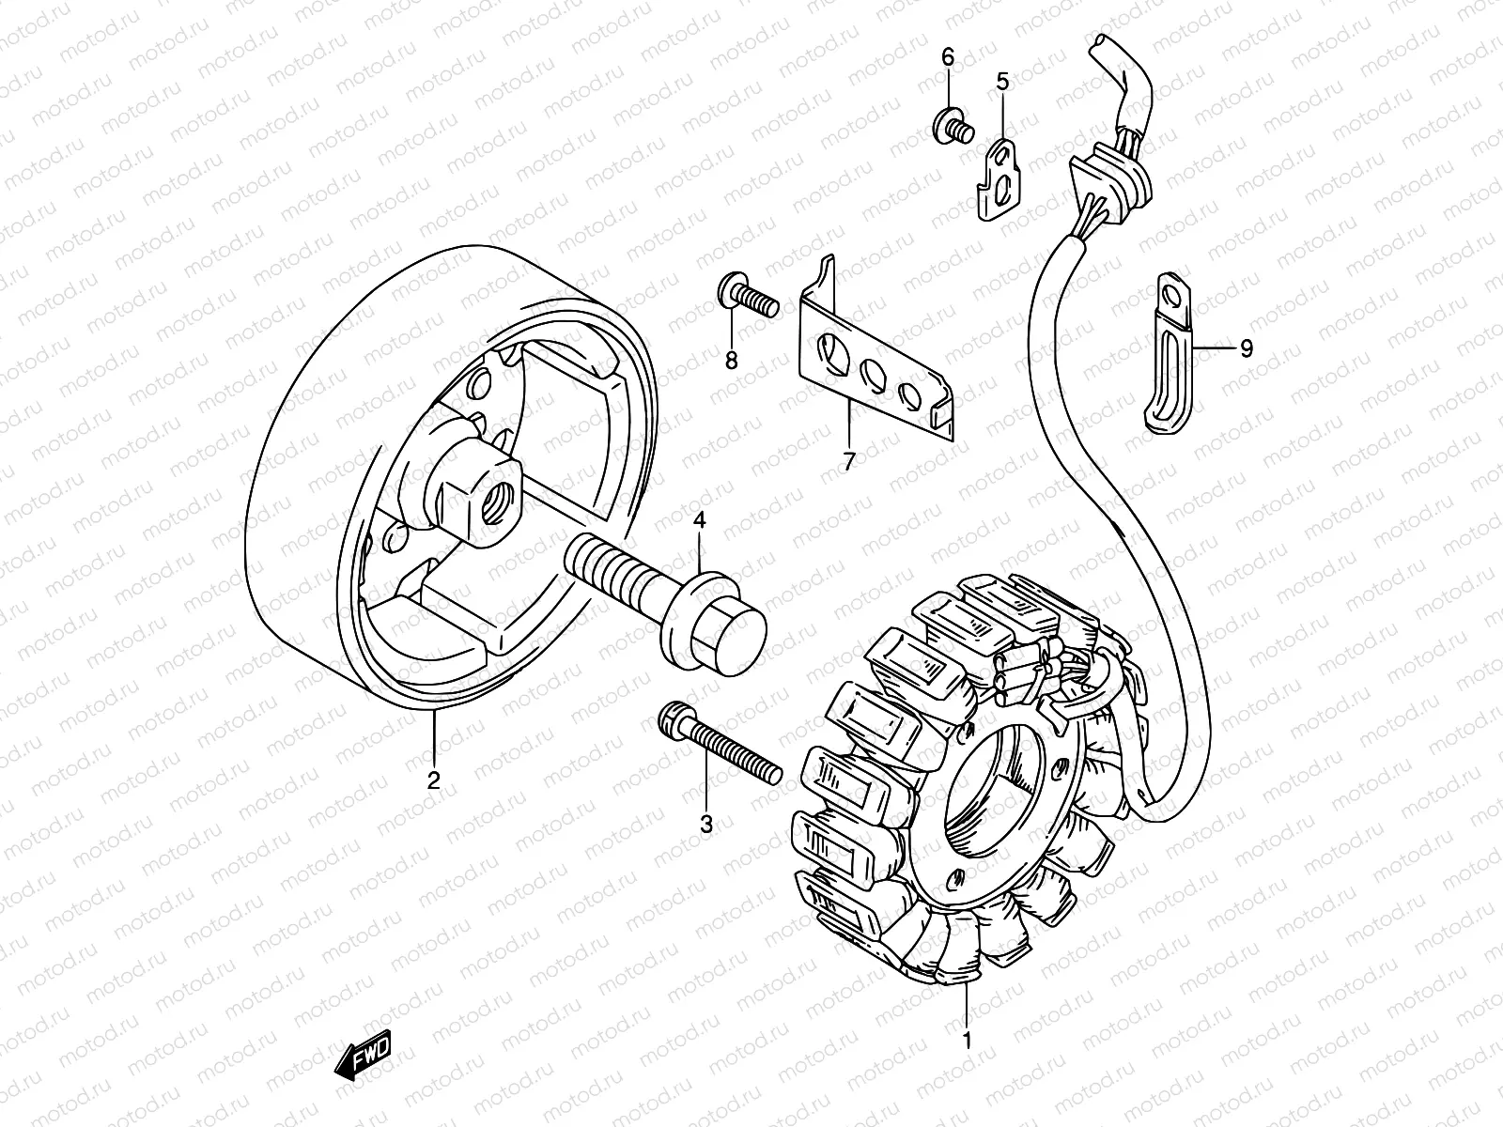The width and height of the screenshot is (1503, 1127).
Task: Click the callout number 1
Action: tap(966, 1040)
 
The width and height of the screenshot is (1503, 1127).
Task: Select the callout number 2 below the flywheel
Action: tap(433, 780)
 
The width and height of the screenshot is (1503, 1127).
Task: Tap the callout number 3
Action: tap(706, 825)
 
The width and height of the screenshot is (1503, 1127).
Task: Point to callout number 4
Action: tap(699, 519)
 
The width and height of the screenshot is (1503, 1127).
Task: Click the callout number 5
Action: tap(1002, 82)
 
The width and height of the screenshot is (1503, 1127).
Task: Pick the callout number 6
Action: tap(948, 58)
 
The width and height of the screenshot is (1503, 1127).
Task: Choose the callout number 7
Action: tap(848, 462)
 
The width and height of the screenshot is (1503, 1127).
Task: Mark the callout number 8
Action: tap(731, 360)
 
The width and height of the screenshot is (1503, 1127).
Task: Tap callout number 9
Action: tap(1246, 348)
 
